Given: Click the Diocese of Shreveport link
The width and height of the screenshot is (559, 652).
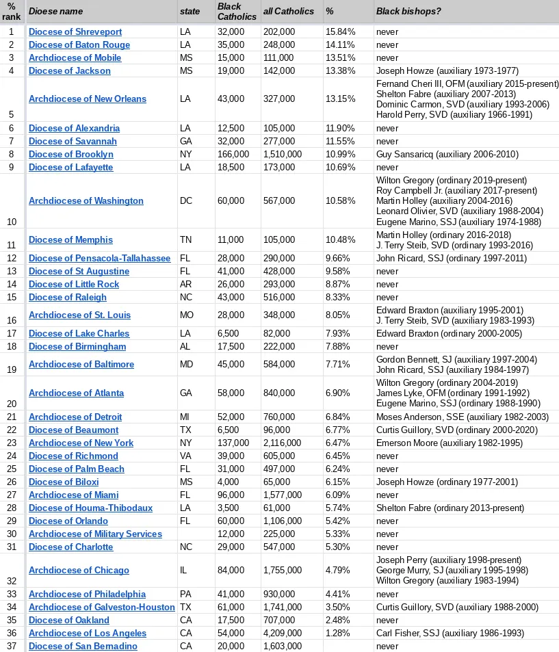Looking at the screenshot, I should click(x=75, y=31).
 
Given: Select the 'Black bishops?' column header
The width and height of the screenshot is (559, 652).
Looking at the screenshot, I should click(x=408, y=11).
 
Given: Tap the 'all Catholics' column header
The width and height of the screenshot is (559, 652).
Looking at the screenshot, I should click(x=288, y=11).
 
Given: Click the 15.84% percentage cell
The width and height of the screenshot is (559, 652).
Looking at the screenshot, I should click(x=340, y=31).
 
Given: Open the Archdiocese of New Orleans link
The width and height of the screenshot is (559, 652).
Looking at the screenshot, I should click(x=88, y=99).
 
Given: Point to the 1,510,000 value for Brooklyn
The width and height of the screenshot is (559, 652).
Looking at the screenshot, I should click(x=283, y=154).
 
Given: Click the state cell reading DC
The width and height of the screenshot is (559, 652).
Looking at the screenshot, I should click(x=186, y=200).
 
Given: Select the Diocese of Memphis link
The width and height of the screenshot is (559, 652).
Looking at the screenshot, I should click(x=70, y=239).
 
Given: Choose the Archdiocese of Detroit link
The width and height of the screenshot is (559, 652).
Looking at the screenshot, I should click(x=75, y=417).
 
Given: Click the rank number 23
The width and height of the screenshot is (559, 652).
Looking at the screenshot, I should click(x=12, y=443).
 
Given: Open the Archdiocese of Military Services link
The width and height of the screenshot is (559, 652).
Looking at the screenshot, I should click(x=95, y=534).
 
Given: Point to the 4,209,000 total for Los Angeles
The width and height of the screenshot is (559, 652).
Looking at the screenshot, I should click(x=283, y=633).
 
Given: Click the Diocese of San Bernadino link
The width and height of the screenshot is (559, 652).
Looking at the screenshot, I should click(x=83, y=646).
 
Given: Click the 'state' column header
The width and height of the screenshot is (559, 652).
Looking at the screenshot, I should click(x=190, y=11).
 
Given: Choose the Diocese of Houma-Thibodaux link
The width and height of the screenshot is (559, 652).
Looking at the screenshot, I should click(x=90, y=508).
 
